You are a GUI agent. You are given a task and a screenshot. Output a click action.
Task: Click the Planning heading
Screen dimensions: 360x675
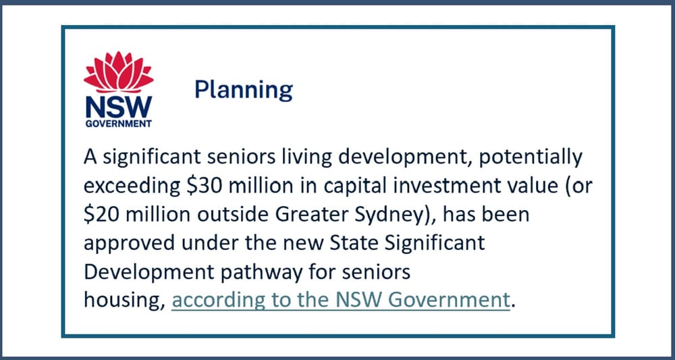click(243, 89)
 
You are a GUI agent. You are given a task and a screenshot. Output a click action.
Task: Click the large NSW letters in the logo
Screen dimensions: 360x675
click(118, 107)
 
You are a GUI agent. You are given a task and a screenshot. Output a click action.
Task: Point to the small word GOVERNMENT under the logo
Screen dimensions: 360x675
click(118, 124)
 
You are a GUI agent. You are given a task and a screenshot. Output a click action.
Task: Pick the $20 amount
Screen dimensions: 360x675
click(101, 215)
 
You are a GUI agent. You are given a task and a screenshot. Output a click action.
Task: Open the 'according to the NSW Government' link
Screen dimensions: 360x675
click(340, 299)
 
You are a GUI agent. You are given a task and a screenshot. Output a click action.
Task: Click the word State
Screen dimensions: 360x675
click(352, 242)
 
